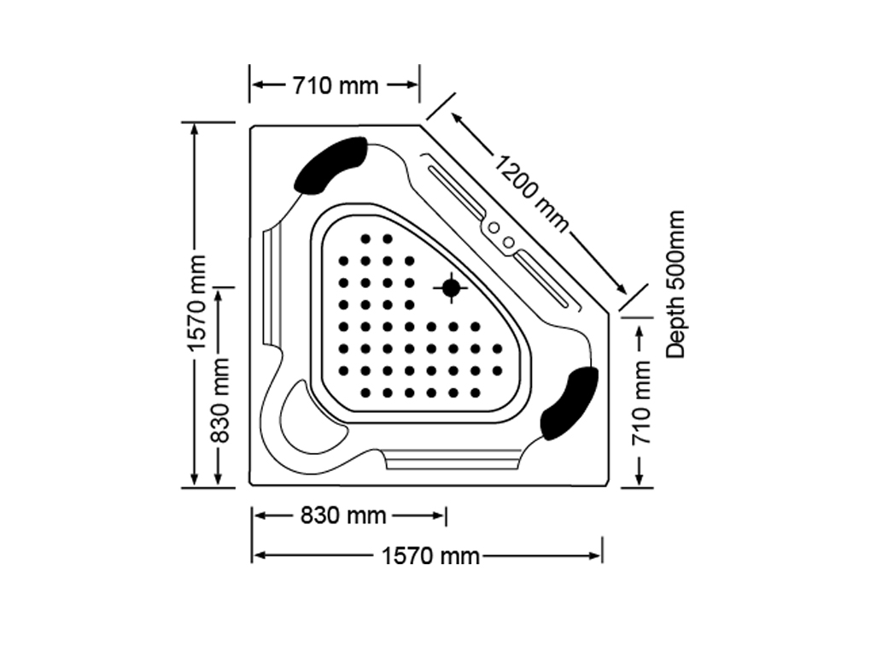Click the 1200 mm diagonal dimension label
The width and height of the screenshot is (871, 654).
[532, 194]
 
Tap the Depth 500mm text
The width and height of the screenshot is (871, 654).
[675, 284]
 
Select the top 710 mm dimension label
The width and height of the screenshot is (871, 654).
[336, 85]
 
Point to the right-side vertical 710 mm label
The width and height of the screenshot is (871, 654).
[641, 402]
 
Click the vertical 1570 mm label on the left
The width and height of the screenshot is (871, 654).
[196, 303]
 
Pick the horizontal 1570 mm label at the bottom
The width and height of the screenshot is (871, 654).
[430, 556]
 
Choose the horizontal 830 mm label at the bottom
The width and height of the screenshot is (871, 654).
[343, 516]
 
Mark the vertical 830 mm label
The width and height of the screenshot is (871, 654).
[220, 400]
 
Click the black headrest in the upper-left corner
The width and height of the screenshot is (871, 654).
[330, 165]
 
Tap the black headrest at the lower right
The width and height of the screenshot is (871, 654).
[570, 404]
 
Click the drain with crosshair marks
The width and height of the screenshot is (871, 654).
[451, 288]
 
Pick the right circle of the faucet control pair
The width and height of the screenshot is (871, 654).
[508, 243]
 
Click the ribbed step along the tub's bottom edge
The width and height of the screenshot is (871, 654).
[453, 459]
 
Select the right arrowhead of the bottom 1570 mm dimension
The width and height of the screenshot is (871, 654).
[595, 556]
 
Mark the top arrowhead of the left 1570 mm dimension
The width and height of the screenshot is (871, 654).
[194, 129]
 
